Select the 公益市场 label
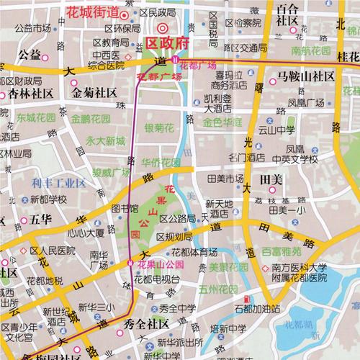[x=33, y=29]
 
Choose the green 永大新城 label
[x=105, y=140]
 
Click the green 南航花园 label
[x=310, y=52]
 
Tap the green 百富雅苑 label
[x=282, y=252]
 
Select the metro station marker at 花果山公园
[x=130, y=264]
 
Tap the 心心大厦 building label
[x=85, y=233]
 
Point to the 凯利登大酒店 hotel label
[x=217, y=104]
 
